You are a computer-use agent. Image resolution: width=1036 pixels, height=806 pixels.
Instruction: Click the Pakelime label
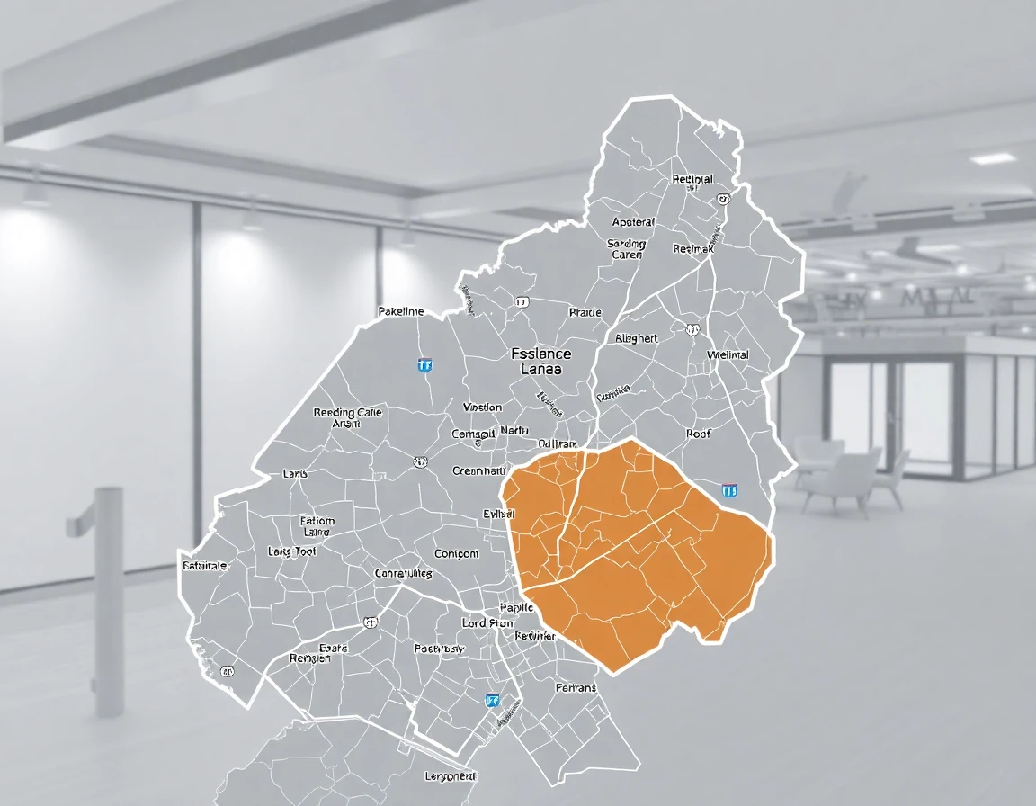coord(400,311)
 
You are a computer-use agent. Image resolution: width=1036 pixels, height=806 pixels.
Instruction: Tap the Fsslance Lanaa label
coord(540,362)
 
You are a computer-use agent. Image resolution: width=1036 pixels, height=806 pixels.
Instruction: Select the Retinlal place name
coord(692,179)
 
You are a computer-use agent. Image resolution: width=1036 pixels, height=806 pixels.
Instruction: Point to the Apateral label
coord(633,222)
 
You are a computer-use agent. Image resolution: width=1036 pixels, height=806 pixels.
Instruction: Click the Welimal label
coord(728,354)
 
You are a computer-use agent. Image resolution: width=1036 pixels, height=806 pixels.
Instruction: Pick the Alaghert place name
coord(637,338)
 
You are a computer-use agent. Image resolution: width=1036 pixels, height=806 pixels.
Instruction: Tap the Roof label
coord(698,434)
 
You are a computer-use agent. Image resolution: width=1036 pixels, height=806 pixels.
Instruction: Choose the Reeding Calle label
coord(347,413)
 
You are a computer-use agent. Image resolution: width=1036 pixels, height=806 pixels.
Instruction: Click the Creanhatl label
coord(478,470)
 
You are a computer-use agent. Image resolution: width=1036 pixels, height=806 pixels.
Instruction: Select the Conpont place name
coord(457,553)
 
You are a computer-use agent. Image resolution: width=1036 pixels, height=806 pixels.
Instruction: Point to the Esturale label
coord(205,566)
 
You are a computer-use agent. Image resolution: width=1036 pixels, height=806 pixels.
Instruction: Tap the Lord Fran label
coord(487,622)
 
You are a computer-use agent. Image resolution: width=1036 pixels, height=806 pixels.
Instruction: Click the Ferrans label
coord(576,687)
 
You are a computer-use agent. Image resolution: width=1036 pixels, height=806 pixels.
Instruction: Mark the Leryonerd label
coord(450,775)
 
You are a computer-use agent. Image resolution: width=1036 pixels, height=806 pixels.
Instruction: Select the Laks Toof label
coord(292,551)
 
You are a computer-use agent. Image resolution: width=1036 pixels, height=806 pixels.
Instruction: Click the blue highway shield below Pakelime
coord(424,364)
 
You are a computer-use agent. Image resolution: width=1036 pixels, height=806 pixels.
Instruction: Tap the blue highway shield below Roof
coord(729,490)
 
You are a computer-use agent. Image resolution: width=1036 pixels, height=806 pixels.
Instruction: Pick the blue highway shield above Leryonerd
coord(492,699)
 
